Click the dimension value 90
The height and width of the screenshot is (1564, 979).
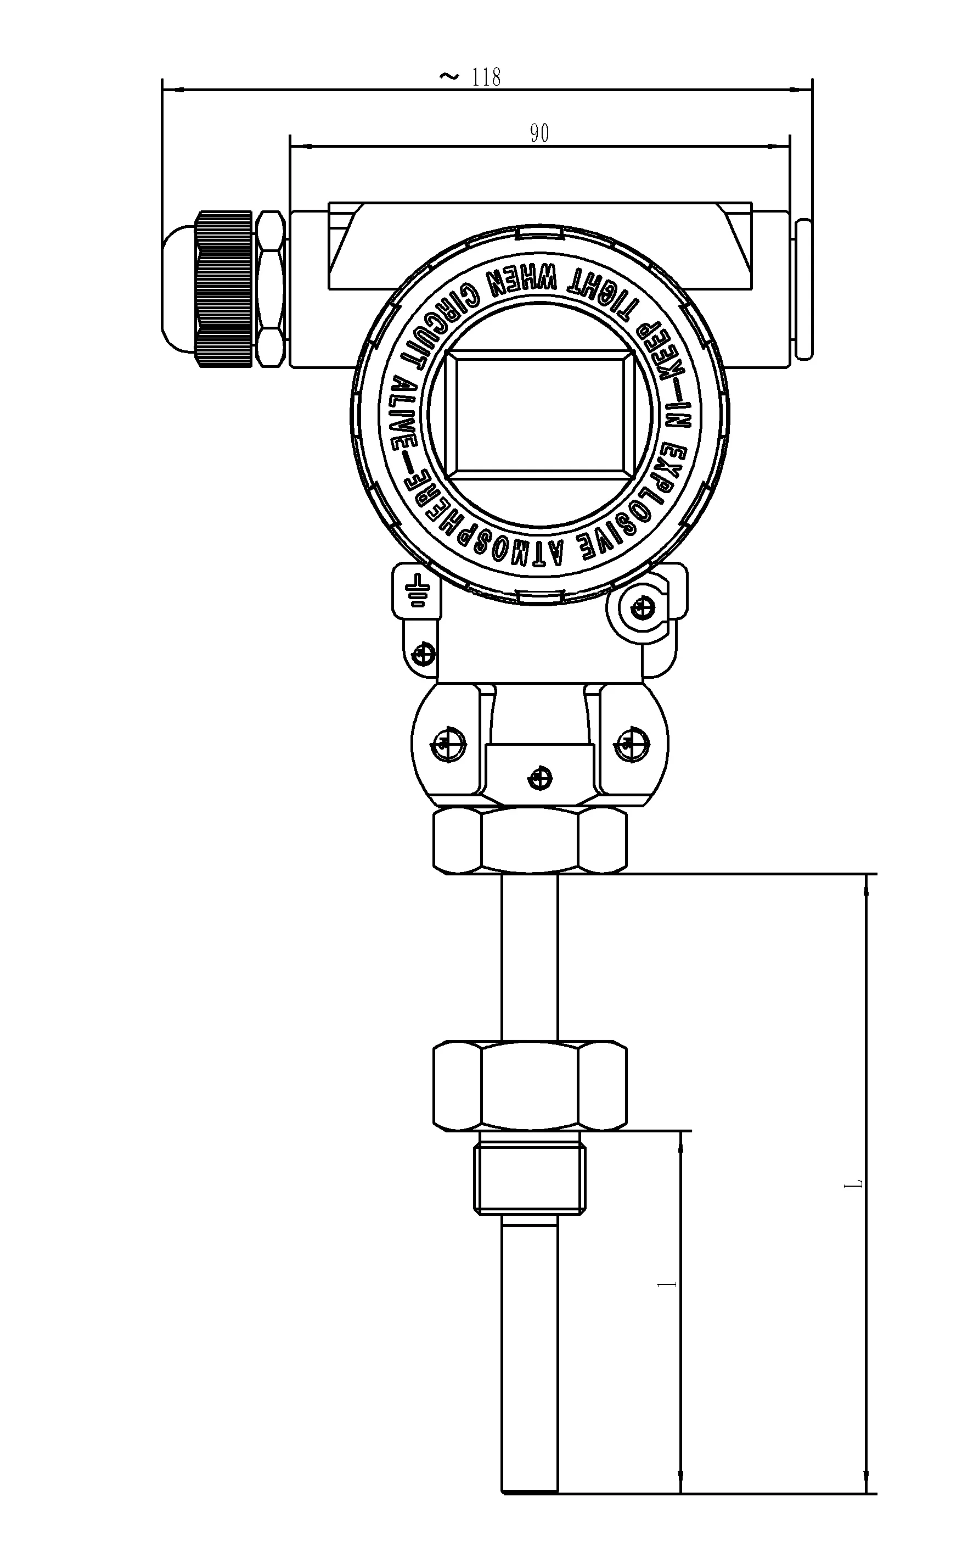click(539, 133)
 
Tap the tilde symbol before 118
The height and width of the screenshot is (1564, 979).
click(449, 77)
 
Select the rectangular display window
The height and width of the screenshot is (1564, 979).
click(540, 411)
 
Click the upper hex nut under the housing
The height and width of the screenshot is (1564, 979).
click(530, 840)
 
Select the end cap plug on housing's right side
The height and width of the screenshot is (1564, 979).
click(803, 289)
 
